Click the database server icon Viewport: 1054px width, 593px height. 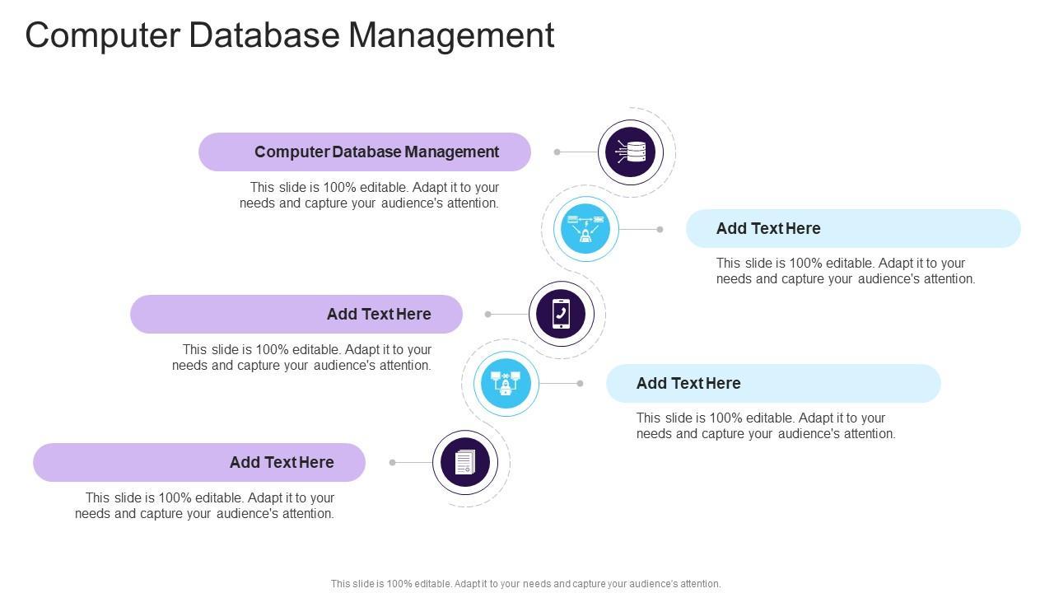pyautogui.click(x=631, y=152)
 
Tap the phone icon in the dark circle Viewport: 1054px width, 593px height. pyautogui.click(x=561, y=314)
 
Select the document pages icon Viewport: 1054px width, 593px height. pyautogui.click(x=465, y=462)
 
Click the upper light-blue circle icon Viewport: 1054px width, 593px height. pyautogui.click(x=585, y=228)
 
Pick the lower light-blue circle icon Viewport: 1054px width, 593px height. pyautogui.click(x=506, y=383)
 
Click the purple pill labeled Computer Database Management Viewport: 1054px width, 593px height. pyautogui.click(x=365, y=152)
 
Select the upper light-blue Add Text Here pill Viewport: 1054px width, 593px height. pyautogui.click(x=853, y=228)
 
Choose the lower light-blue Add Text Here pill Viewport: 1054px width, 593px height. pyautogui.click(x=773, y=383)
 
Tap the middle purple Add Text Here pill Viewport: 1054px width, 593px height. pyautogui.click(x=296, y=314)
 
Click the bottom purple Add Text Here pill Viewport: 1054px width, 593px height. pyautogui.click(x=199, y=462)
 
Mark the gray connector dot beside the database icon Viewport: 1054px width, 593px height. pyautogui.click(x=557, y=152)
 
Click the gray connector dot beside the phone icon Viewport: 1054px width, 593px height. pyautogui.click(x=487, y=314)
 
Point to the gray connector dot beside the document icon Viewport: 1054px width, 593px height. pyautogui.click(x=392, y=462)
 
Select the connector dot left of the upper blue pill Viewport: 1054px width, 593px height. pyautogui.click(x=660, y=229)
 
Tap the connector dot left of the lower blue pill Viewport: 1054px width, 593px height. pyautogui.click(x=580, y=383)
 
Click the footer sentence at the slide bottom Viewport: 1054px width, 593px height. pyautogui.click(x=525, y=583)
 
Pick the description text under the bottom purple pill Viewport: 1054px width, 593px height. pyautogui.click(x=205, y=506)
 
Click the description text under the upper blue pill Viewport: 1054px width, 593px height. pyautogui.click(x=846, y=271)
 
